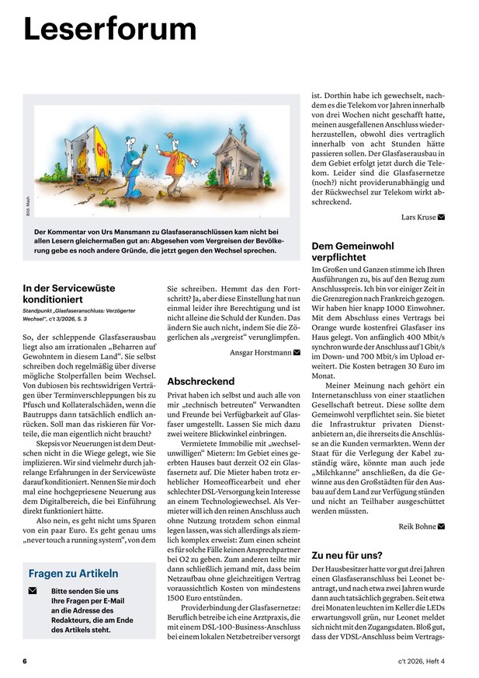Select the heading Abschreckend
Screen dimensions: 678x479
click(200, 382)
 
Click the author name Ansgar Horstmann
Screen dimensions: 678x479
click(260, 352)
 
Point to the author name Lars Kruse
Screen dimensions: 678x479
click(418, 217)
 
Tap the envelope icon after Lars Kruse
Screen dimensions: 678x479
click(442, 217)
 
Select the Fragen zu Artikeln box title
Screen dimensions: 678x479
click(74, 574)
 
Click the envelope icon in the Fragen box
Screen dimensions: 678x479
click(33, 592)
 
